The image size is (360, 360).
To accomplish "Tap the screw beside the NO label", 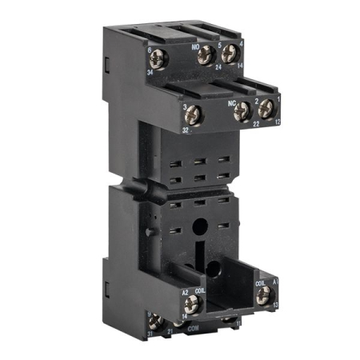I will click(x=206, y=54).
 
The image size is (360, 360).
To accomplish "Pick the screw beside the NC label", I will click(x=241, y=112).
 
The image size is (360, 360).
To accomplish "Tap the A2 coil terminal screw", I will click(x=191, y=302).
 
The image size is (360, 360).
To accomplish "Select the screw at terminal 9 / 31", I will click(x=156, y=322).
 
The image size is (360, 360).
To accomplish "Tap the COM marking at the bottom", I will click(x=193, y=330).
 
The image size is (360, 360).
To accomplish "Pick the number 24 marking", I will click(x=217, y=68).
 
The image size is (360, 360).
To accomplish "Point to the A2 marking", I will click(x=185, y=292).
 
